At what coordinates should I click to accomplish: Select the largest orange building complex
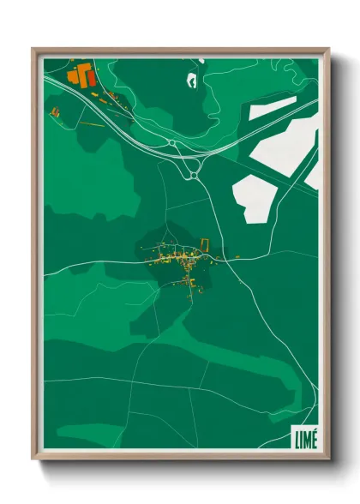[81, 75]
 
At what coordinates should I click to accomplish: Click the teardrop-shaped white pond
[190, 81]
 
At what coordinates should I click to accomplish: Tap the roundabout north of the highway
[172, 143]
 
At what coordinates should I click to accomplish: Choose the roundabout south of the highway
[194, 175]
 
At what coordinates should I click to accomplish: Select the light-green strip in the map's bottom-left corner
[51, 437]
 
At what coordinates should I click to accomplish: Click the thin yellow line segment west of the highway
[93, 125]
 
